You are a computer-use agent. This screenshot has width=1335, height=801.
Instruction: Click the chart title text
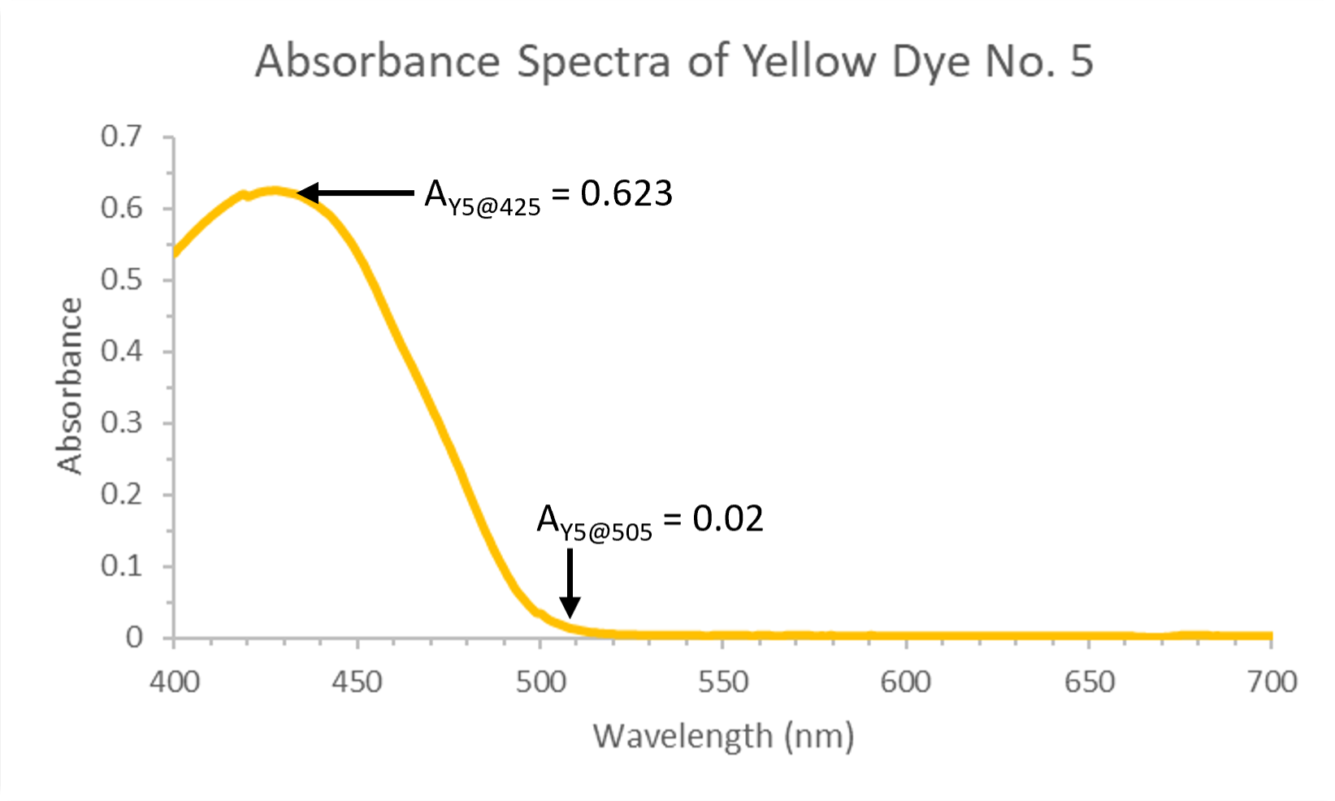[674, 62]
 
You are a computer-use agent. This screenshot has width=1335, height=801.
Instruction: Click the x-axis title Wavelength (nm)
[723, 736]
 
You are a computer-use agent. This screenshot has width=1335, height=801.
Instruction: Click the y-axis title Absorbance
[71, 386]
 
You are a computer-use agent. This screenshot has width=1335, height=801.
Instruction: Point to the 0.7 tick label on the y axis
[122, 136]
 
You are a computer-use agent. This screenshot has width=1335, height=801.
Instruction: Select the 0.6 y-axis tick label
[122, 209]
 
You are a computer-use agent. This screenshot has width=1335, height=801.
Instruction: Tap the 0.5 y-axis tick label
[122, 280]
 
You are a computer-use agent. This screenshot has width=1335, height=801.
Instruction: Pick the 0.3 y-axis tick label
[122, 423]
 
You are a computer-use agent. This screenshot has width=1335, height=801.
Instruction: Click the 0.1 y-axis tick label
[122, 566]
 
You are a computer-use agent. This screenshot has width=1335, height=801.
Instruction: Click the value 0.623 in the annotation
[626, 193]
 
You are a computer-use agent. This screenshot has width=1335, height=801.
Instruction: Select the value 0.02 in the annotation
[728, 518]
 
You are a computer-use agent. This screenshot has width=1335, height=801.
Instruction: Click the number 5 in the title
[1081, 62]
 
